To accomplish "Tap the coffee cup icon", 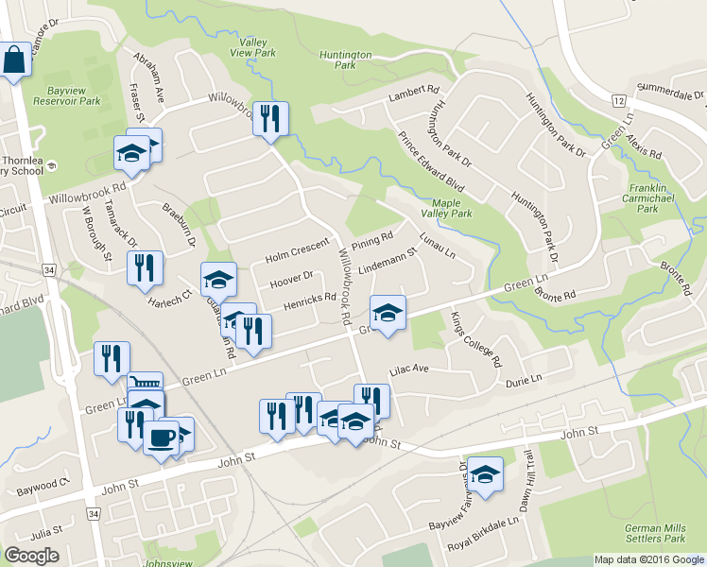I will click(x=162, y=438).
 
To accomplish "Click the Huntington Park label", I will click(x=345, y=60).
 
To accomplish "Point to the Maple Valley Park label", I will click(x=452, y=208).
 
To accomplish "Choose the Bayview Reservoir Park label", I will click(x=66, y=94).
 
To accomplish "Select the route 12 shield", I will click(x=618, y=100).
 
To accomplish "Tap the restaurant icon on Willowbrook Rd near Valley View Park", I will click(x=271, y=119).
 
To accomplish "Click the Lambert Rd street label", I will click(x=414, y=95).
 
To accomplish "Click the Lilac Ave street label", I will click(x=406, y=369).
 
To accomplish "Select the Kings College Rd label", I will click(x=476, y=339).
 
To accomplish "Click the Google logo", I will click(x=31, y=556).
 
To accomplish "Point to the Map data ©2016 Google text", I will click(x=649, y=559).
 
